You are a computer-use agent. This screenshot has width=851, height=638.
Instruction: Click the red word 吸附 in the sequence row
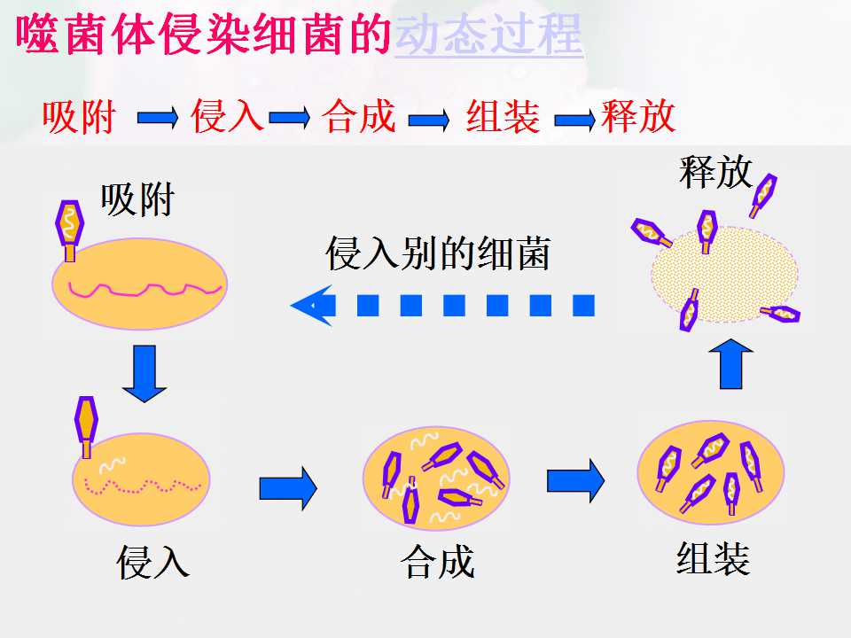pyautogui.click(x=79, y=117)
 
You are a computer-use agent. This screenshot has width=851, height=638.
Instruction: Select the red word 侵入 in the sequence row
pyautogui.click(x=228, y=115)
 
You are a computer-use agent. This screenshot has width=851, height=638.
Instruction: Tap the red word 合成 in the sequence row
pyautogui.click(x=359, y=115)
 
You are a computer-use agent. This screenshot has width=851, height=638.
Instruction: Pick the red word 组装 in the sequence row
pyautogui.click(x=504, y=116)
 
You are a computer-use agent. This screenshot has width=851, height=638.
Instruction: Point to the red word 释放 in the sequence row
pyautogui.click(x=638, y=115)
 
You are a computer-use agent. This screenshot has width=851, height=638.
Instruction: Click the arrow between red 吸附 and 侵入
pyautogui.click(x=158, y=118)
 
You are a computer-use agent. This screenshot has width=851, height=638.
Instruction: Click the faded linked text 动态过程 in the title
pyautogui.click(x=488, y=35)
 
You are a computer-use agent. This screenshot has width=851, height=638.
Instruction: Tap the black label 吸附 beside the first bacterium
pyautogui.click(x=137, y=200)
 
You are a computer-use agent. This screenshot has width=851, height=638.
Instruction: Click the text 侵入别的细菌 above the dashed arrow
pyautogui.click(x=438, y=253)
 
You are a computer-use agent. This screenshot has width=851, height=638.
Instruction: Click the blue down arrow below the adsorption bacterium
pyautogui.click(x=144, y=374)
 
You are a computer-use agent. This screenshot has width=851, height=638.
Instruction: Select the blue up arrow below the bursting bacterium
pyautogui.click(x=731, y=364)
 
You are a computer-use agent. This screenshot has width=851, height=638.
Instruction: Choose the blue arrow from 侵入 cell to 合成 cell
pyautogui.click(x=288, y=488)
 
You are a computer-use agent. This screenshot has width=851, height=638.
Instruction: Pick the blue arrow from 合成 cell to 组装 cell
pyautogui.click(x=575, y=480)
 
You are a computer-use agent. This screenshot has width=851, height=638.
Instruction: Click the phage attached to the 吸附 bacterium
pyautogui.click(x=69, y=230)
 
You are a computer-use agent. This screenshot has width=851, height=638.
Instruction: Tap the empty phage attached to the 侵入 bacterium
pyautogui.click(x=86, y=427)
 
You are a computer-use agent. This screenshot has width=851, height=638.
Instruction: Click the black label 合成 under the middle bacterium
pyautogui.click(x=437, y=563)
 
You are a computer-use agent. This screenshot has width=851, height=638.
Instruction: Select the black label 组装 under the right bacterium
pyautogui.click(x=713, y=558)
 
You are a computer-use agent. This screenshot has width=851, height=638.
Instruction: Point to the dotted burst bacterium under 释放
pyautogui.click(x=724, y=275)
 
